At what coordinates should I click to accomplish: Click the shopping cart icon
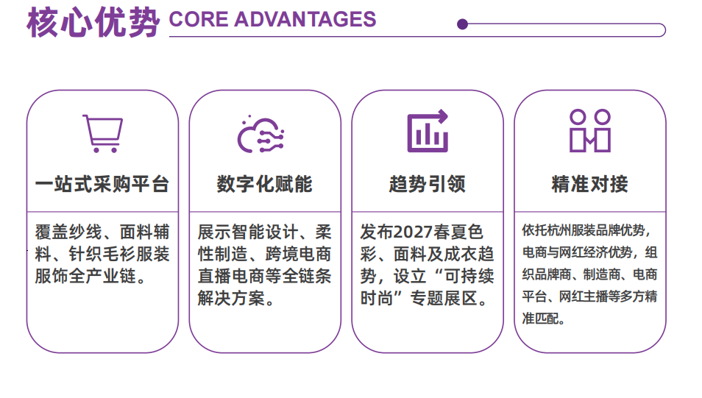coord(102,133)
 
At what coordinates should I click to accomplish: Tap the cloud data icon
coord(260,135)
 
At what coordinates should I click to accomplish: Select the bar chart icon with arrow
coord(428,131)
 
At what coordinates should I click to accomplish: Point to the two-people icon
coord(590,130)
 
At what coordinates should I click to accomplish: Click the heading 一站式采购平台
coord(102,185)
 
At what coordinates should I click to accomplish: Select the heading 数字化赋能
coord(265,185)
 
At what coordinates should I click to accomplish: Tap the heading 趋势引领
coord(428,185)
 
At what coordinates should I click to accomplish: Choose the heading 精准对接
coord(590,185)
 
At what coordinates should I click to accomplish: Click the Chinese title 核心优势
coord(93,22)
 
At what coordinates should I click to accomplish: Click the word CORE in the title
coord(199,20)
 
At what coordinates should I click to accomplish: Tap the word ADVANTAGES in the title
coord(305,20)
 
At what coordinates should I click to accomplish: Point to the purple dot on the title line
coord(462,24)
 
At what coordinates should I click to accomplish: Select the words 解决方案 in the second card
coord(232,298)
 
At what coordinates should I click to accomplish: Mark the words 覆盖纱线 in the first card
coord(69,232)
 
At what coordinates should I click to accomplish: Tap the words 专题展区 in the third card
coord(444,298)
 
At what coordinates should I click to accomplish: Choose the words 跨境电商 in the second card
coord(299,255)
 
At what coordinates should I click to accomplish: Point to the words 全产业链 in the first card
coord(102,276)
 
